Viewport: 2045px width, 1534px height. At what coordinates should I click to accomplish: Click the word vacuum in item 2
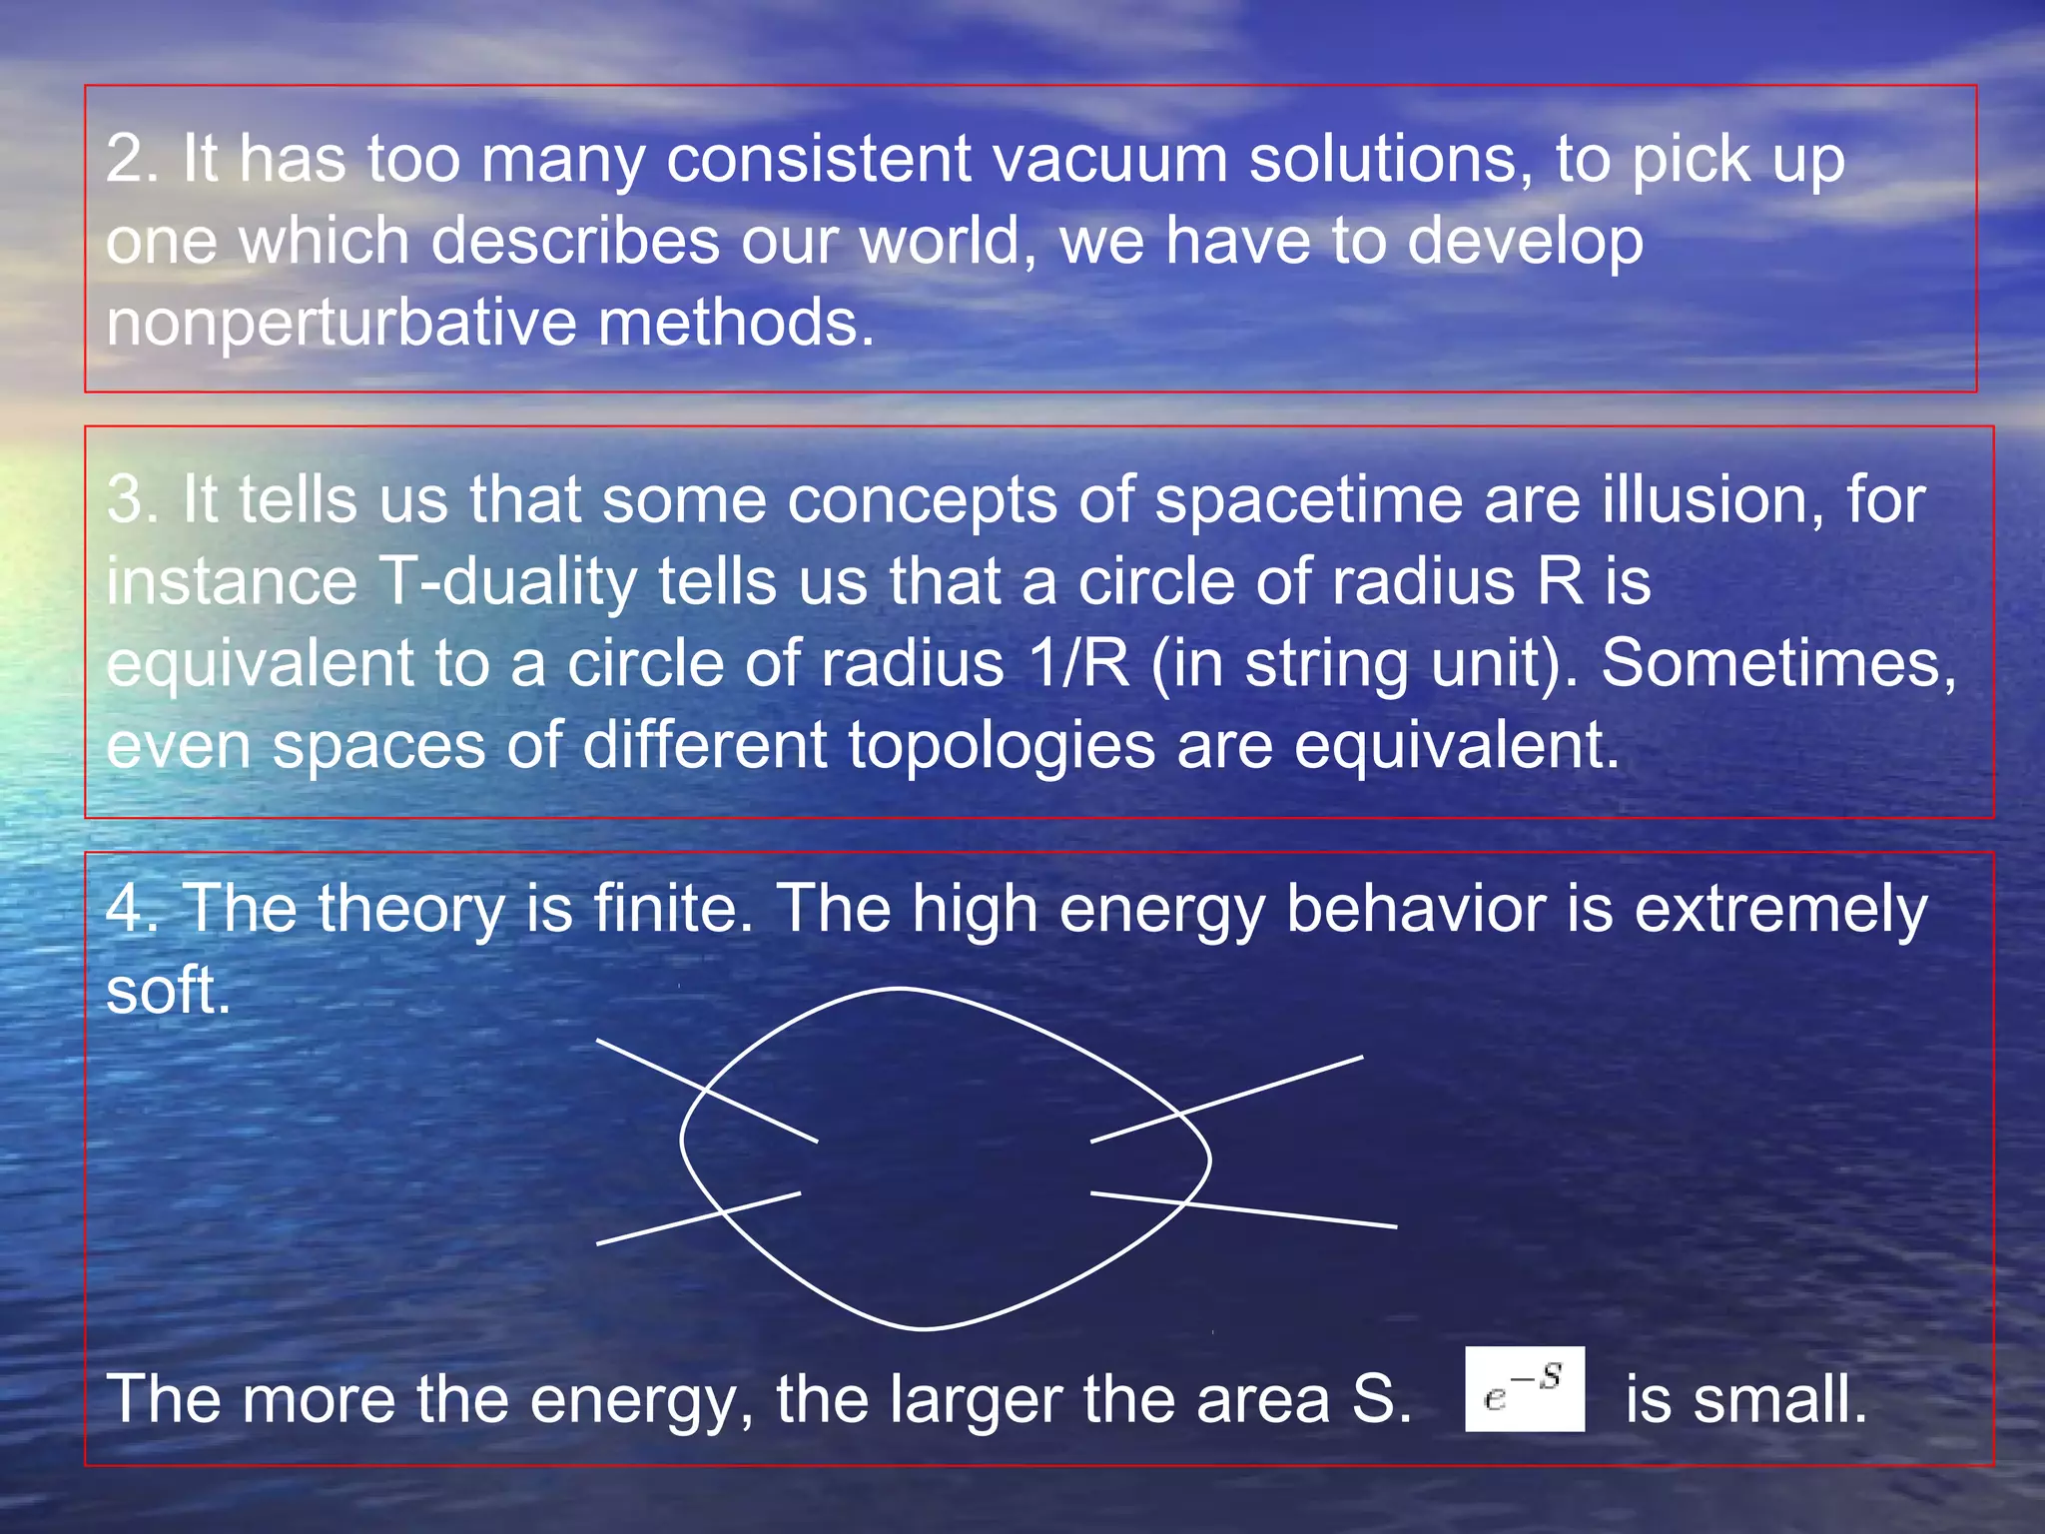[x=1109, y=160]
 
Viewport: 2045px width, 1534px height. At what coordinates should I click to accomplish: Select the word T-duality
[x=508, y=582]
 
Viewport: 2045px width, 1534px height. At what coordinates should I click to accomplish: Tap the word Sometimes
[x=1778, y=664]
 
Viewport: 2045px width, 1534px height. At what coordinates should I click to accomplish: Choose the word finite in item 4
[x=672, y=909]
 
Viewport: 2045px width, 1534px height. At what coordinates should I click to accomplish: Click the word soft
[x=167, y=992]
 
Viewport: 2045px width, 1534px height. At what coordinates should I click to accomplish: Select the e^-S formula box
[x=1524, y=1389]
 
